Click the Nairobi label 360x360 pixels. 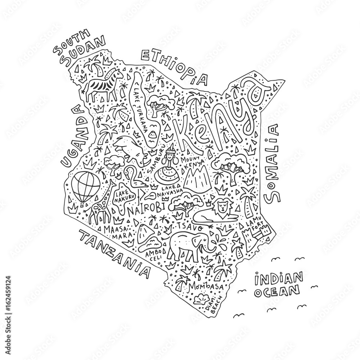click(x=147, y=208)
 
